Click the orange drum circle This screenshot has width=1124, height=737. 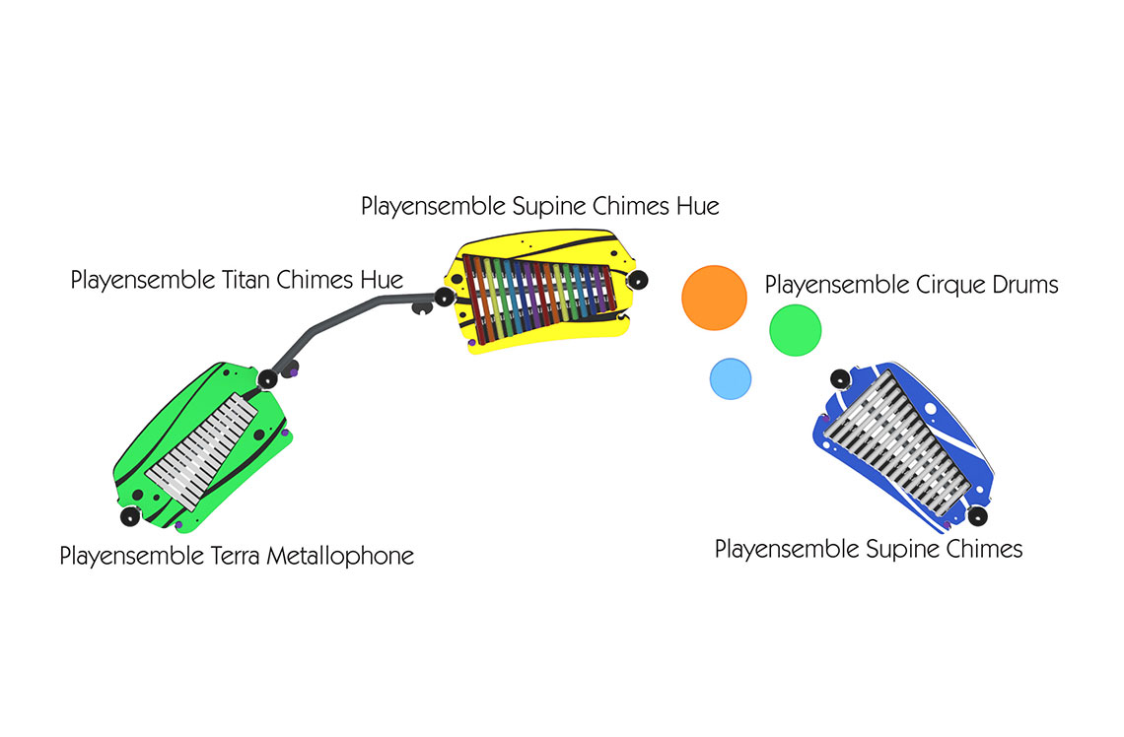[714, 298]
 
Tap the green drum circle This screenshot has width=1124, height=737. [795, 329]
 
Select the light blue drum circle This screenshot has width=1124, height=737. [731, 378]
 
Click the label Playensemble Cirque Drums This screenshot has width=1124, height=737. [911, 286]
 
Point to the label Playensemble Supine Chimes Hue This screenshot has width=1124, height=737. [539, 206]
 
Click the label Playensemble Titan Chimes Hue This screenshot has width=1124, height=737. [237, 280]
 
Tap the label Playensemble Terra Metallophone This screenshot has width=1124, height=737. [237, 556]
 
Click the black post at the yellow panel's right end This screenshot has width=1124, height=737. [638, 279]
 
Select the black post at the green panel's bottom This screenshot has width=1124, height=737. [128, 516]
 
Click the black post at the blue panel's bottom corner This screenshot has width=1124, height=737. [977, 516]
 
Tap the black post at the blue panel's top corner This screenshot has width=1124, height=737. [839, 377]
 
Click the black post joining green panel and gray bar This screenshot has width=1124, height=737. [266, 378]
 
